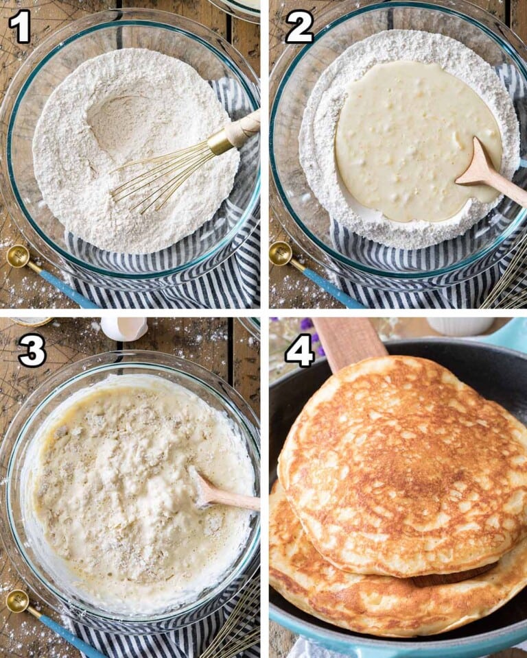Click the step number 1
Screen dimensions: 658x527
(19, 27)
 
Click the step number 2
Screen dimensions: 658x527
(298, 27)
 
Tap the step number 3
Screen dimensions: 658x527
(31, 351)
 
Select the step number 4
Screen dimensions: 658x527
(299, 350)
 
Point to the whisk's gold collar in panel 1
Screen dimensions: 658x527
(221, 142)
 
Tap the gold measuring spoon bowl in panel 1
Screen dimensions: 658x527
(17, 256)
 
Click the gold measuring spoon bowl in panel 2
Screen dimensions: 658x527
(280, 254)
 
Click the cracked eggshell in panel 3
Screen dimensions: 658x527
(124, 328)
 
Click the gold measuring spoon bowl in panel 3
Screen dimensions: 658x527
(17, 601)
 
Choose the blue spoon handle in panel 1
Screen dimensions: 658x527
(65, 288)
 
